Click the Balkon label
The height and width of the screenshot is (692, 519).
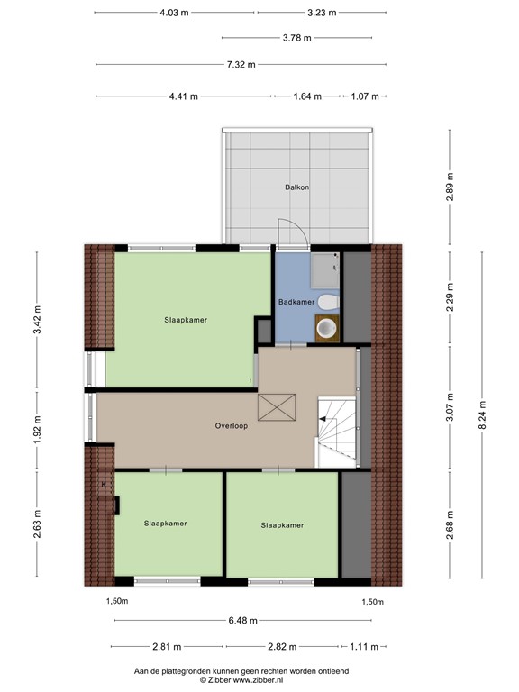click(297, 187)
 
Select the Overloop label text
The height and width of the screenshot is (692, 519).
click(232, 425)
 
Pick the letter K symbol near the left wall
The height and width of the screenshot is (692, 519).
click(105, 484)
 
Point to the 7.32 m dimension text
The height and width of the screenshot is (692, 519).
click(240, 64)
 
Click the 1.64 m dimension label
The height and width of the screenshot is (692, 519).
click(306, 96)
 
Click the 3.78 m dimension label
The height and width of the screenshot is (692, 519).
click(296, 38)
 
